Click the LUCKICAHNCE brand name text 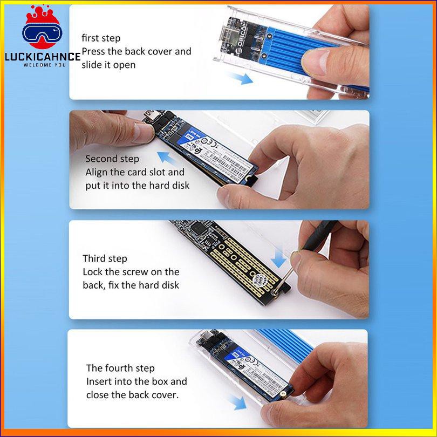(41, 56)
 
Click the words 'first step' (101, 38)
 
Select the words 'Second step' (112, 159)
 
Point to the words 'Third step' (105, 258)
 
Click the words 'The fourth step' (120, 368)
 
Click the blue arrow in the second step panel (169, 159)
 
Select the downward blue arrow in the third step (279, 258)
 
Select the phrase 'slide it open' (108, 65)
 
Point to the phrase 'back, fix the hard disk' (131, 285)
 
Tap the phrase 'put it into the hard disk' (137, 185)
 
